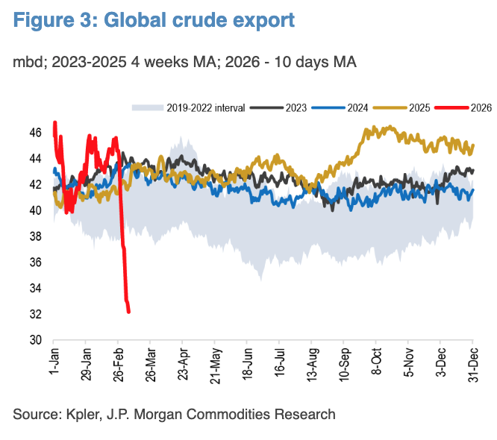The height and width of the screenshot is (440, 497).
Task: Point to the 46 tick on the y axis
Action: [x=35, y=133]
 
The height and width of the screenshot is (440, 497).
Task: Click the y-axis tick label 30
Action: [x=35, y=340]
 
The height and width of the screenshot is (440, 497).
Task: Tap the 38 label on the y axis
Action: [x=35, y=236]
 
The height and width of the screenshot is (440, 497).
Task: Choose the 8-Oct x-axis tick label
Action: [x=378, y=363]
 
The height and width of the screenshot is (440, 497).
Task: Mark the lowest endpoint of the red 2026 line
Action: [x=129, y=312]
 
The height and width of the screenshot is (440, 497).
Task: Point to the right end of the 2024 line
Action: [x=473, y=190]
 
